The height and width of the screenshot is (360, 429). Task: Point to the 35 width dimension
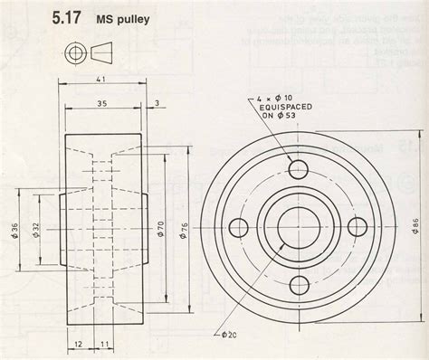pos(102,103)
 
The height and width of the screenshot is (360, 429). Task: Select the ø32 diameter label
pos(35,230)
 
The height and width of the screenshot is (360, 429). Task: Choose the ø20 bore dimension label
pos(231,335)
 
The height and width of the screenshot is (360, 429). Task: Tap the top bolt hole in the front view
pos(299,168)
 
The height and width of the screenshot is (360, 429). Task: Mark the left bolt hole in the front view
pos(239,227)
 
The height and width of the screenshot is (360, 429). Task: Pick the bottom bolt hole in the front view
pos(299,287)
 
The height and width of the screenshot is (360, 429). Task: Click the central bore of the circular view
pos(299,227)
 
